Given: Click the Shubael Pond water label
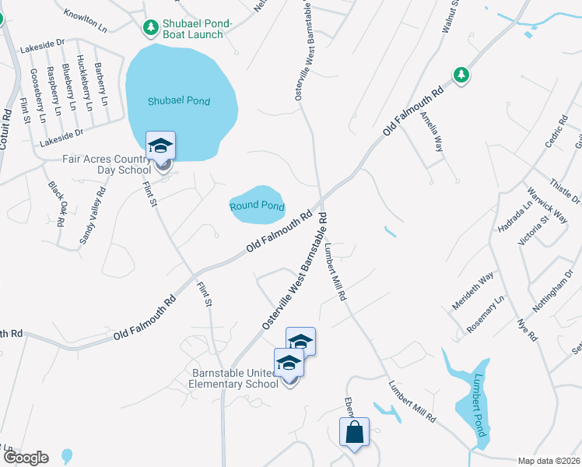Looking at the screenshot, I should pyautogui.click(x=181, y=101).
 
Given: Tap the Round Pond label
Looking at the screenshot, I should pyautogui.click(x=257, y=206).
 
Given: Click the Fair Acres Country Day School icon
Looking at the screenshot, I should pyautogui.click(x=161, y=147).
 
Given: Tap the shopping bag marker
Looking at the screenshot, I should pyautogui.click(x=354, y=433).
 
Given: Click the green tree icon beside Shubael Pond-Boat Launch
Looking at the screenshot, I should pyautogui.click(x=150, y=27).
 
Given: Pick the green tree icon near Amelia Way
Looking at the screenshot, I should pyautogui.click(x=462, y=75).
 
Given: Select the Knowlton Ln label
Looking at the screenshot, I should pyautogui.click(x=86, y=21).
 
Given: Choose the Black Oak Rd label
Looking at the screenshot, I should pyautogui.click(x=57, y=204).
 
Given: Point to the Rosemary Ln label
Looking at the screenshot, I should pyautogui.click(x=486, y=311).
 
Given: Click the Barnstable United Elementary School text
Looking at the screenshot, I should pyautogui.click(x=235, y=377).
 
